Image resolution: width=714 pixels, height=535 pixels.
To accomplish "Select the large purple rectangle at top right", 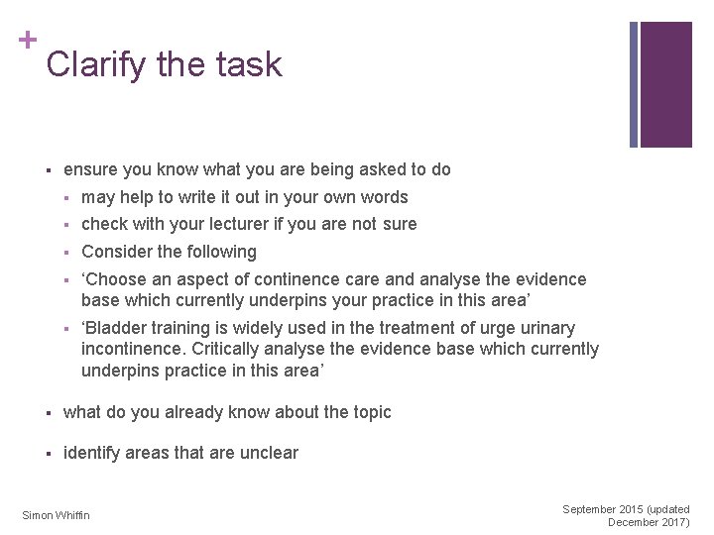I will click(x=665, y=84).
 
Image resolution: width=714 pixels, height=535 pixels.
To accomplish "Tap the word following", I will click(x=222, y=252).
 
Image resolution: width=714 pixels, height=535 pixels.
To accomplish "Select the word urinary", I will click(x=548, y=328).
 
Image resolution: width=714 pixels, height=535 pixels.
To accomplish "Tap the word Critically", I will click(x=226, y=349).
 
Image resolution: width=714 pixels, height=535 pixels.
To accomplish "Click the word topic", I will click(x=370, y=412).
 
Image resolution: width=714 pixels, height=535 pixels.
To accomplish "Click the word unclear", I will click(x=267, y=453).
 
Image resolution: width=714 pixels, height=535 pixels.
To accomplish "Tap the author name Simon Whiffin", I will click(x=56, y=515).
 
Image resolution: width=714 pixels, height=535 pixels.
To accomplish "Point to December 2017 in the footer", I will click(x=649, y=522).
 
